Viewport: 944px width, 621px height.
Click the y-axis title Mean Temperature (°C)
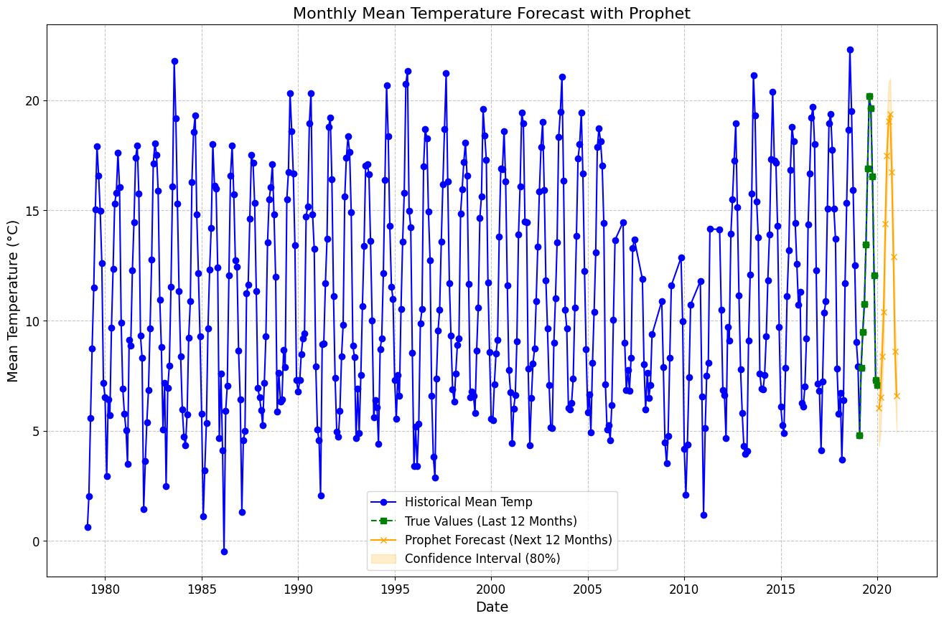coord(13,300)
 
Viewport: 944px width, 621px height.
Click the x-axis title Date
coord(492,607)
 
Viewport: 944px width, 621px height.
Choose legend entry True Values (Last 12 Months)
coord(490,521)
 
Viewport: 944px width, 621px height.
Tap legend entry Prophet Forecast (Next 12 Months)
coord(508,540)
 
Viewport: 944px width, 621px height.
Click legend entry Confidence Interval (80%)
coord(482,559)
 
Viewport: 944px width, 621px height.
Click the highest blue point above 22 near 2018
coord(850,49)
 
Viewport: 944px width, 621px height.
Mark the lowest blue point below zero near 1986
coord(224,551)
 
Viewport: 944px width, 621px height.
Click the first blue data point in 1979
coord(88,527)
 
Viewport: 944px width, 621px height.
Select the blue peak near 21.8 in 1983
coord(174,61)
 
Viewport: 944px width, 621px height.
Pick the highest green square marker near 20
coord(869,96)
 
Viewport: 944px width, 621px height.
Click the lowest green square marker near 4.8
coord(859,435)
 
